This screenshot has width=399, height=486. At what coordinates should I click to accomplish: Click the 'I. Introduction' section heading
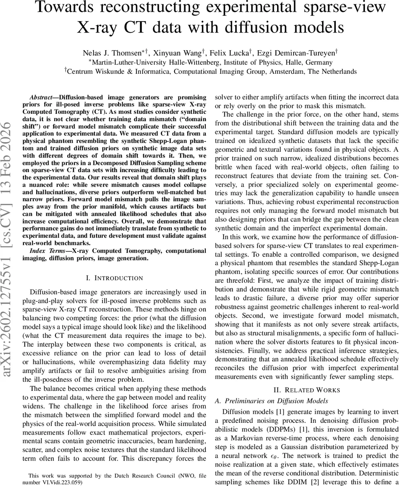tap(115, 278)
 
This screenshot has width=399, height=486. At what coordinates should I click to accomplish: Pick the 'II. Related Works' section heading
tap(307, 390)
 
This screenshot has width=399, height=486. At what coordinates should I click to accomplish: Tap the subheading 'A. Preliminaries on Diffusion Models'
tap(271, 401)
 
